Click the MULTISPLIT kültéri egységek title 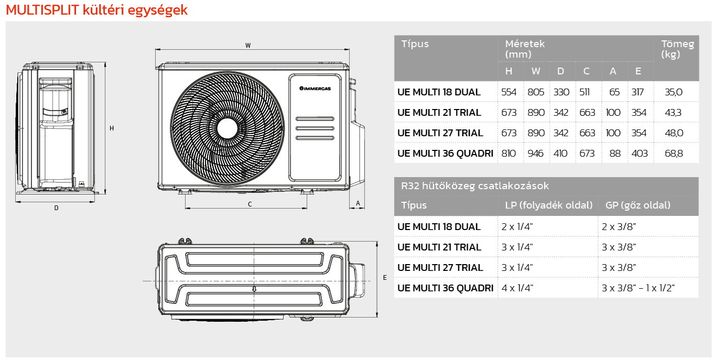[x=96, y=10]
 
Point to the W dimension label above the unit [x=248, y=46]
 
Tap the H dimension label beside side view [x=112, y=128]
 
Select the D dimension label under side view [x=56, y=208]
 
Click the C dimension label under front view [x=250, y=204]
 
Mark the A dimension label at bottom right [x=358, y=202]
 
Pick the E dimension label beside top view [x=385, y=278]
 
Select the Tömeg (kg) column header [x=677, y=49]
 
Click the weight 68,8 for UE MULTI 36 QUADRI [x=674, y=154]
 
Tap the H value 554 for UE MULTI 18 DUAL [x=509, y=92]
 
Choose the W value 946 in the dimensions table [x=536, y=154]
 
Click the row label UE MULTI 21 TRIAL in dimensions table [x=439, y=113]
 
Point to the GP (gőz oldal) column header [x=637, y=205]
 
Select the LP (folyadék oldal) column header [x=548, y=205]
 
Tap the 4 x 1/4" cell [x=517, y=288]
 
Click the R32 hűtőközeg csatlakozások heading [x=474, y=186]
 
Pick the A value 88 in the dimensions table [x=615, y=154]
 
